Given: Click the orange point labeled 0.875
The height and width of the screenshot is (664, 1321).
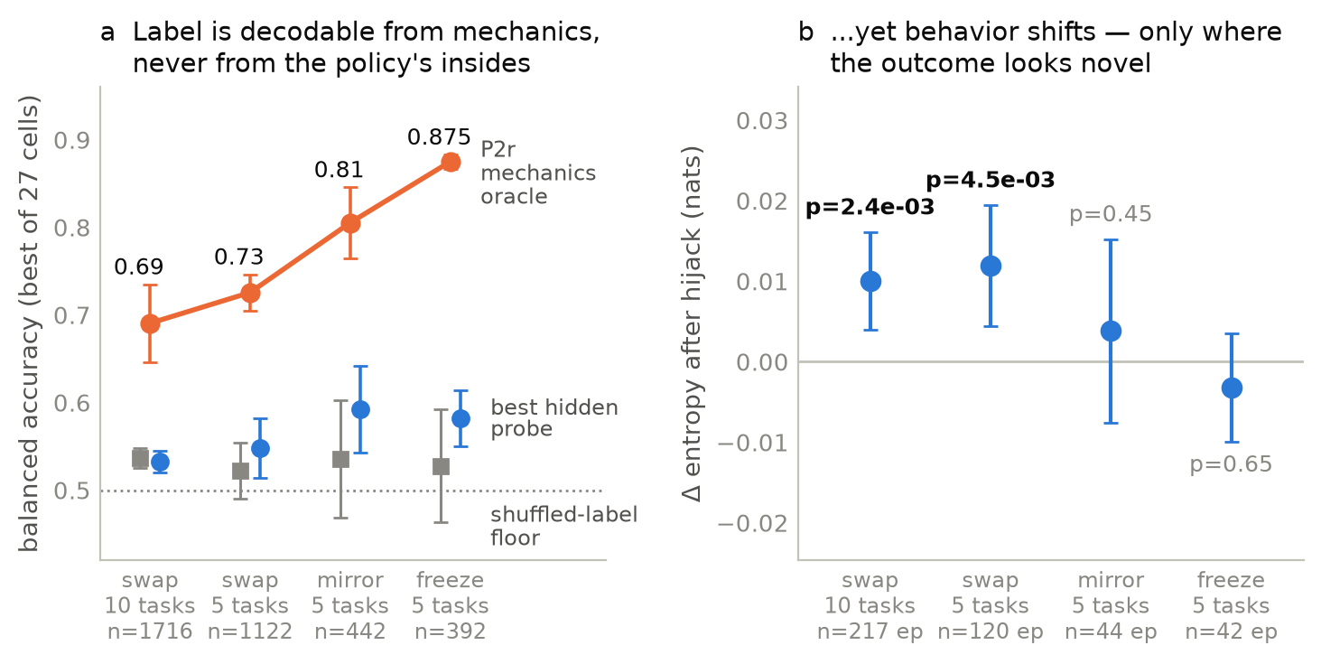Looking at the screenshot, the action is (x=451, y=163).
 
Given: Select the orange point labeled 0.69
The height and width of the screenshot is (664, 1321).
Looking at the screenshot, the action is (x=151, y=323).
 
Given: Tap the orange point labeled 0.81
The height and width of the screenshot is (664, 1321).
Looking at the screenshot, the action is (x=350, y=224).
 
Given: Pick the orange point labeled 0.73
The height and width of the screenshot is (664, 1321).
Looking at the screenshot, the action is (x=251, y=294).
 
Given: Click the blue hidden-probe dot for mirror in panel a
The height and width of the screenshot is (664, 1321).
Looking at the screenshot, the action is (x=360, y=409).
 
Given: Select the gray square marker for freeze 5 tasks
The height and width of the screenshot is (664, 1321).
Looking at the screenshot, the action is (x=442, y=467).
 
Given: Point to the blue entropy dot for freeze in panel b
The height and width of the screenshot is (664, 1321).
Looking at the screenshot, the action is (x=1232, y=388).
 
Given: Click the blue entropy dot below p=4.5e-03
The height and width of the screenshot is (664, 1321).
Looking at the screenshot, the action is (x=991, y=267).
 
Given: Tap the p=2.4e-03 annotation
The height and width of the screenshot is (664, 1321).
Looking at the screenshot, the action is (x=870, y=207).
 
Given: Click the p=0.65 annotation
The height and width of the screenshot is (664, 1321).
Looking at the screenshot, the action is (x=1231, y=464).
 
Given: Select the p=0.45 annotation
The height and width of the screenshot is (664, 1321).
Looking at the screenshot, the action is (x=1111, y=214).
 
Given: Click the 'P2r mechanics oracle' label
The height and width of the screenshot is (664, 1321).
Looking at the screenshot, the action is (x=538, y=173).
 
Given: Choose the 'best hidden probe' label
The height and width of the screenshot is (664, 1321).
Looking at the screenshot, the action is (x=554, y=418).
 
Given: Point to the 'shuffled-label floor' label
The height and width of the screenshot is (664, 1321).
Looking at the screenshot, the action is (x=563, y=526).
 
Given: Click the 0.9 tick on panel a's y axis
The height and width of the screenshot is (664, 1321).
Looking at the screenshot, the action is (x=72, y=141).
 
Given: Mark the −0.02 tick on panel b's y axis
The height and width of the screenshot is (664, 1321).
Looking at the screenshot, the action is (x=752, y=524).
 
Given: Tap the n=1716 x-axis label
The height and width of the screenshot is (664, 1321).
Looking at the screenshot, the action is (x=150, y=631).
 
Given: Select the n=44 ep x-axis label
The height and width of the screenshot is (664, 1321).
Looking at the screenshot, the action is (x=1111, y=631).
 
